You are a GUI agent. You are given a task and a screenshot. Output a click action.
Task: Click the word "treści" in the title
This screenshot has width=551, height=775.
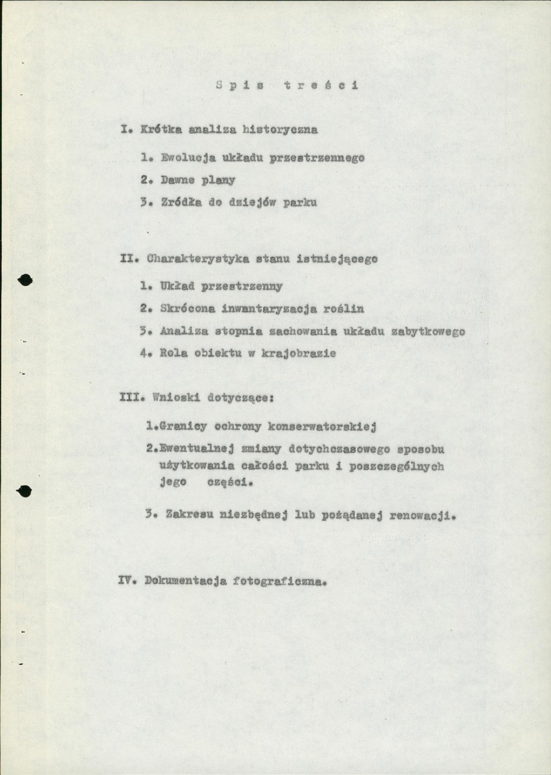point(321,86)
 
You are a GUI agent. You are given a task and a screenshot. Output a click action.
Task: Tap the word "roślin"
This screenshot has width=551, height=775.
point(343,309)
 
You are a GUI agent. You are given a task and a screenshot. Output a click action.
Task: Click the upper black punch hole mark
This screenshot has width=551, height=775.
point(25,279)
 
